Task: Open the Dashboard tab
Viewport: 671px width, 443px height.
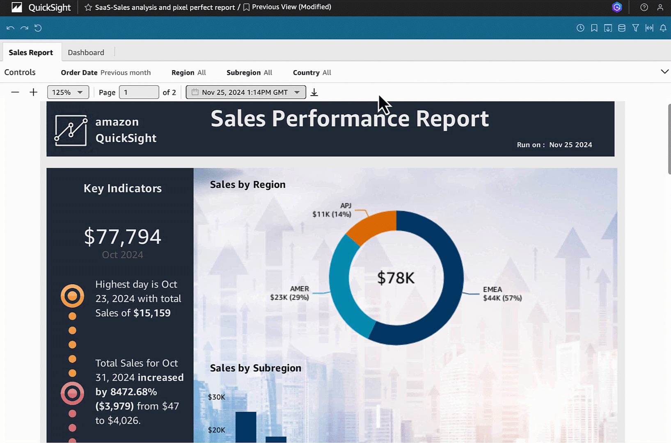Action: click(x=86, y=53)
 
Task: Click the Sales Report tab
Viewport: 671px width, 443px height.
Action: click(x=31, y=53)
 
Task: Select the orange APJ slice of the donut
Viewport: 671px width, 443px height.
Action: click(x=372, y=226)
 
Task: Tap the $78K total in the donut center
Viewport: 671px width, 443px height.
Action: click(x=396, y=278)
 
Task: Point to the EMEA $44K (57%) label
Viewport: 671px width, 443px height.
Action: click(x=502, y=294)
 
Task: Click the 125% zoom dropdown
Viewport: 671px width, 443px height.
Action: click(x=68, y=92)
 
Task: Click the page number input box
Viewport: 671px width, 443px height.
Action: click(x=139, y=92)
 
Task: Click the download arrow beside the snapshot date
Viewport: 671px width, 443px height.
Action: click(x=314, y=92)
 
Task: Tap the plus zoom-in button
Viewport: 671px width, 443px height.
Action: click(x=34, y=92)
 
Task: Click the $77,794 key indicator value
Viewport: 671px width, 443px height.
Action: click(x=122, y=237)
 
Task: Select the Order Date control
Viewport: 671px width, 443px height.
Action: click(x=106, y=73)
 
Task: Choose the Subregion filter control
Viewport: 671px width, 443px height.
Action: click(x=249, y=73)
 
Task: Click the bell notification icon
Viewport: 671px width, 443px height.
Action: click(x=663, y=28)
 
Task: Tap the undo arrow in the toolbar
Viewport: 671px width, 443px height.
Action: click(x=11, y=28)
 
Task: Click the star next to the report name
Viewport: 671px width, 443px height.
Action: click(x=88, y=7)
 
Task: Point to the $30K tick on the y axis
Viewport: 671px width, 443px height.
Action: click(x=216, y=397)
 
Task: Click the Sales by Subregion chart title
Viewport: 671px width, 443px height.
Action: click(x=255, y=368)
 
